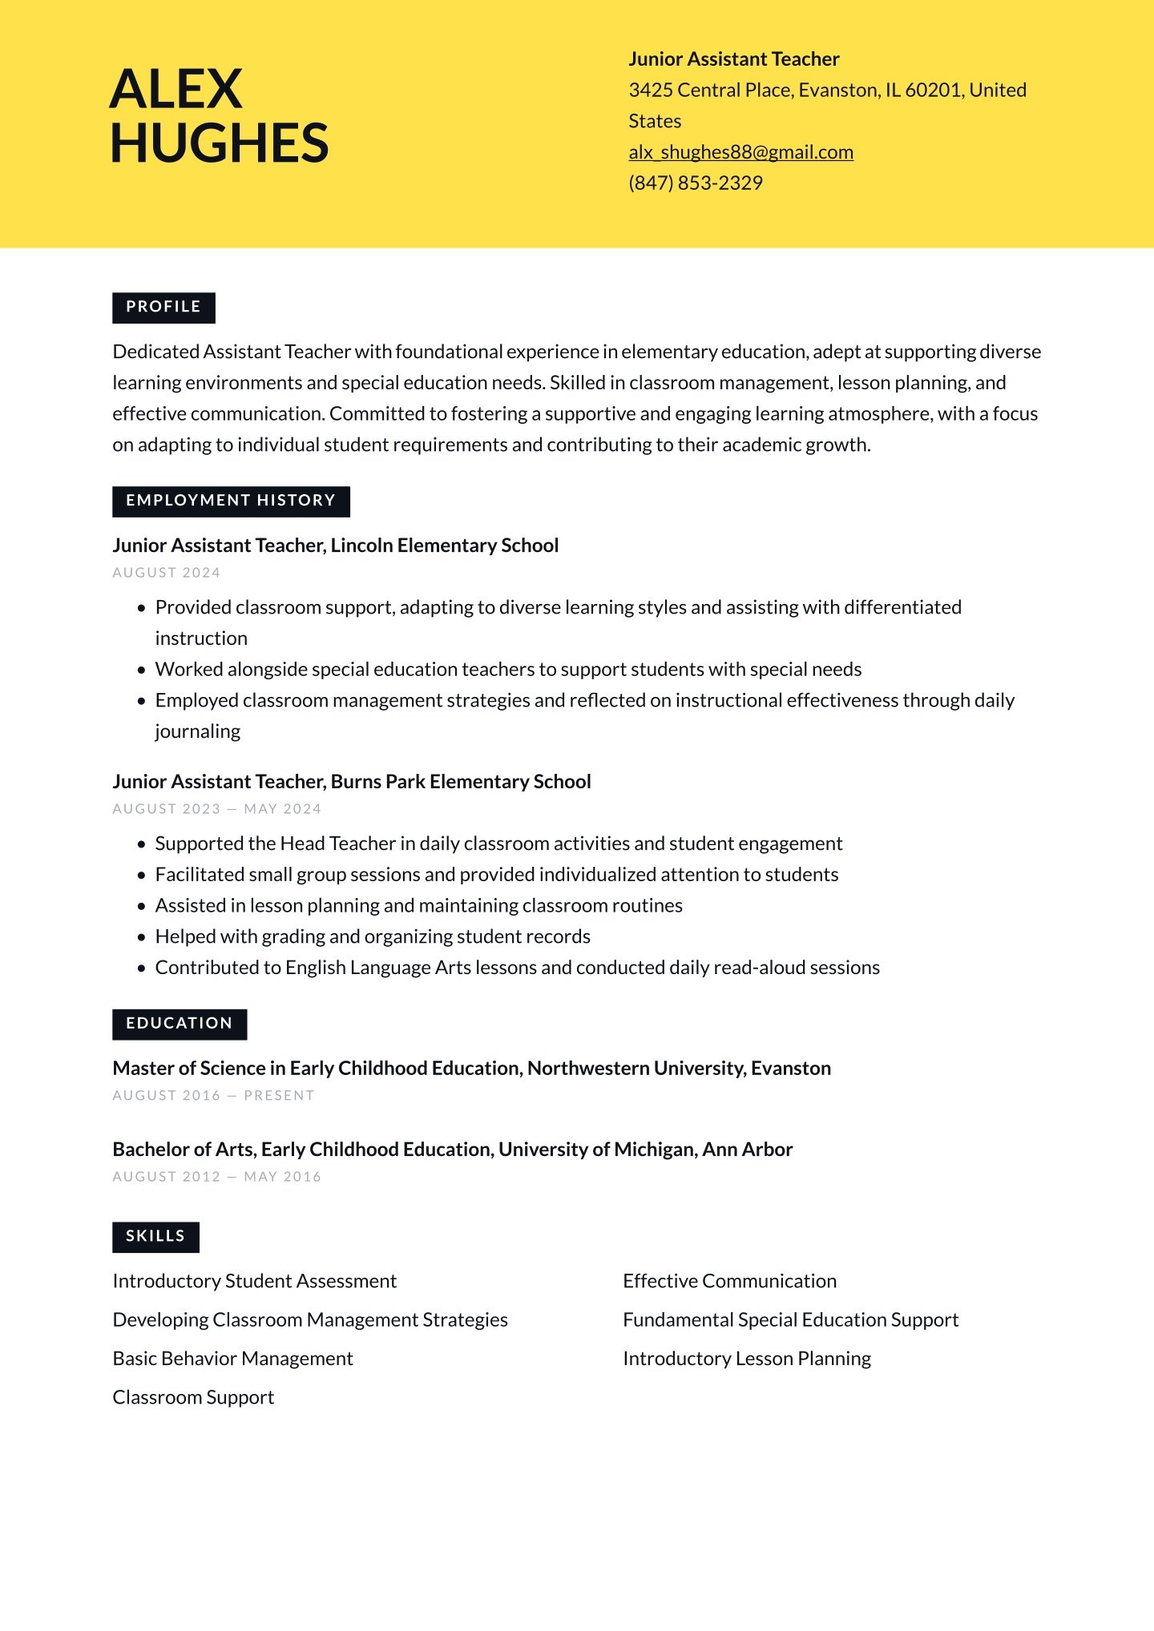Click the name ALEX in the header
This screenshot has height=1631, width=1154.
(176, 89)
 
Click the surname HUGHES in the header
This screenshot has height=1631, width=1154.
(220, 143)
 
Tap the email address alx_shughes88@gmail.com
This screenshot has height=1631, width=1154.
(740, 152)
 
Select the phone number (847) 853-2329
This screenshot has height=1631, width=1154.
(695, 183)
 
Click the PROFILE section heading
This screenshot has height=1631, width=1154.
(163, 307)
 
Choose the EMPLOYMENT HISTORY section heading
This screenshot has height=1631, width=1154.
(231, 501)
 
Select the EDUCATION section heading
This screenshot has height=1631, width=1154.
(179, 1024)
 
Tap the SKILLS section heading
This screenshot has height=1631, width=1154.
(155, 1236)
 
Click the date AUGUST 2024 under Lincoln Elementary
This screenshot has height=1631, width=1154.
(167, 573)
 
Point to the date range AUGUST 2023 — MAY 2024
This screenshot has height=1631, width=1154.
(216, 809)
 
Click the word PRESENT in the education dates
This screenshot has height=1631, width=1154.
(279, 1096)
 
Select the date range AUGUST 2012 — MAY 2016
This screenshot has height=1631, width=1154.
(216, 1177)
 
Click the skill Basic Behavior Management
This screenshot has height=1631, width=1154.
(232, 1359)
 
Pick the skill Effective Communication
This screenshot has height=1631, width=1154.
(729, 1281)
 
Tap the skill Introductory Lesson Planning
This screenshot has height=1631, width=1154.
(746, 1359)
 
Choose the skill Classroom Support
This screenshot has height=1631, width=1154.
(193, 1398)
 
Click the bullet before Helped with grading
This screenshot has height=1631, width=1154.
(142, 937)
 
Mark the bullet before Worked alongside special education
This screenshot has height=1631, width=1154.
(142, 670)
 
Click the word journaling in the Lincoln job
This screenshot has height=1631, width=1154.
(197, 731)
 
